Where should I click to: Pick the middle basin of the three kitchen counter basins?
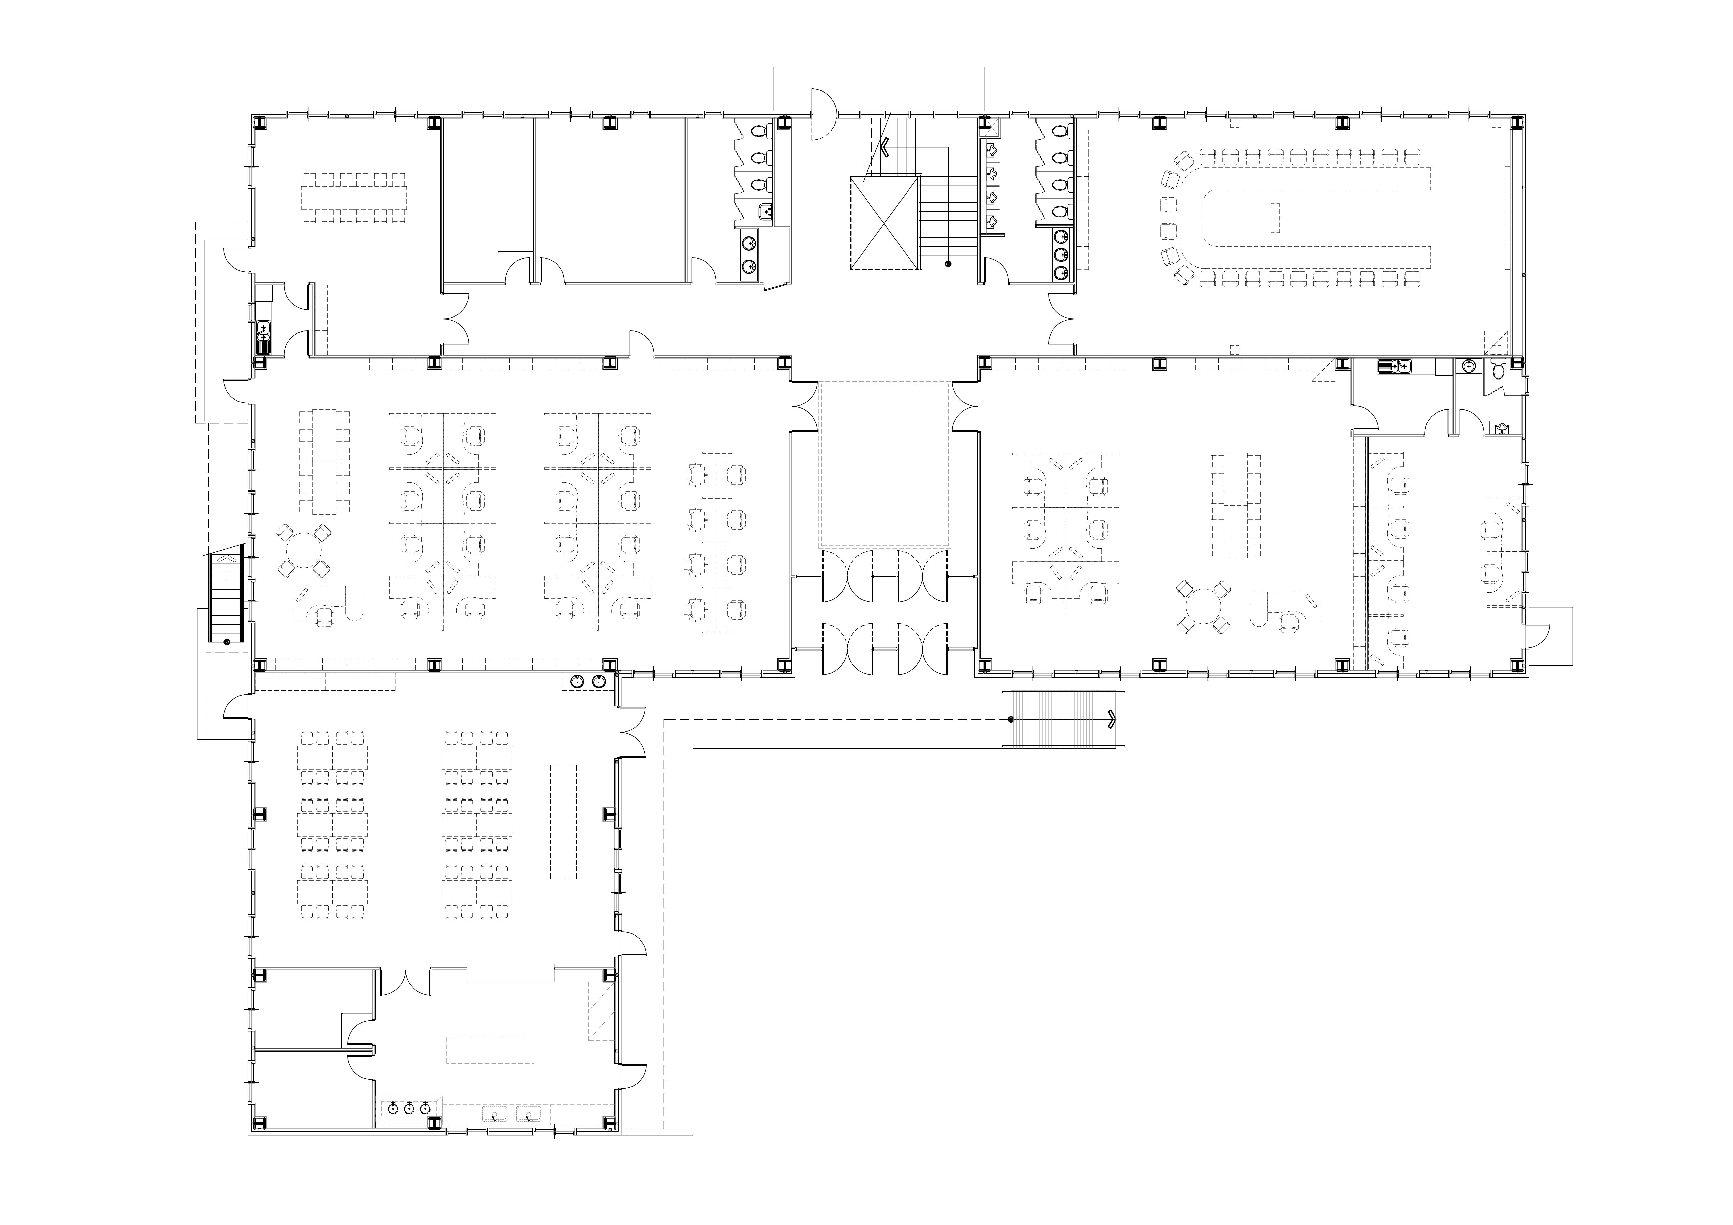(x=408, y=1108)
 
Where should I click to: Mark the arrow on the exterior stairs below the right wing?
(x=1112, y=719)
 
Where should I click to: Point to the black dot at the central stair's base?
(x=948, y=263)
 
